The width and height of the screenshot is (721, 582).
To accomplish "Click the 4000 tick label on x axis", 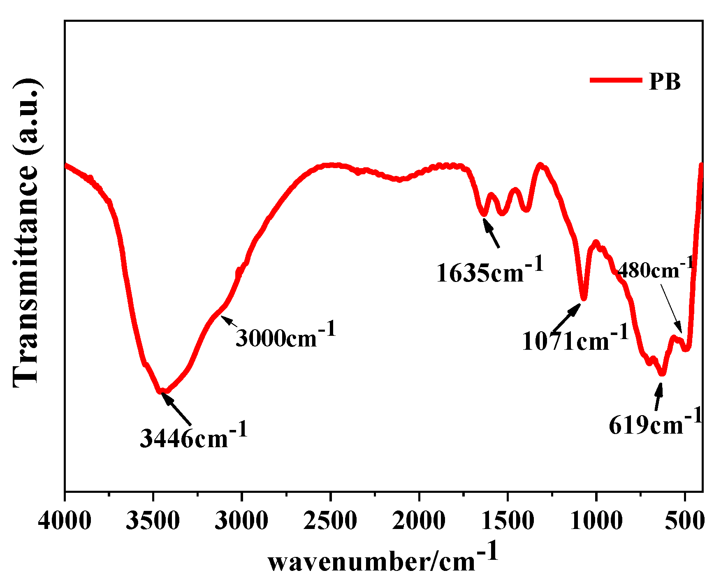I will (x=65, y=521).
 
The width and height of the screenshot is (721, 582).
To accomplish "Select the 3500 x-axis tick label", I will (x=153, y=521).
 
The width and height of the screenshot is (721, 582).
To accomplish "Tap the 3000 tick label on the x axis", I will (x=241, y=521).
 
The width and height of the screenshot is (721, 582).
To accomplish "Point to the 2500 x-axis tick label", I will (x=330, y=521).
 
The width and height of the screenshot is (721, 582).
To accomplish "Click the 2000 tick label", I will (x=419, y=521).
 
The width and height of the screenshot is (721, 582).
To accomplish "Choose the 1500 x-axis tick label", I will (x=508, y=521).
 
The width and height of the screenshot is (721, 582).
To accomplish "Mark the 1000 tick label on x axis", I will (x=596, y=521).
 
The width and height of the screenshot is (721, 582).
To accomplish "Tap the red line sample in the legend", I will (x=616, y=80).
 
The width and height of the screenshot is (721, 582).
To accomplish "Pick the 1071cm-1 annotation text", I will (x=575, y=339).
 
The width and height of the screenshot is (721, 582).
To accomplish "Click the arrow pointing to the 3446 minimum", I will (x=176, y=409).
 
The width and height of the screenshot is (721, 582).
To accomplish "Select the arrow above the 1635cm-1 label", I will (x=491, y=233).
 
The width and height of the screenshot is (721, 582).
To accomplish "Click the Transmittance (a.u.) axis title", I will (x=26, y=232).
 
